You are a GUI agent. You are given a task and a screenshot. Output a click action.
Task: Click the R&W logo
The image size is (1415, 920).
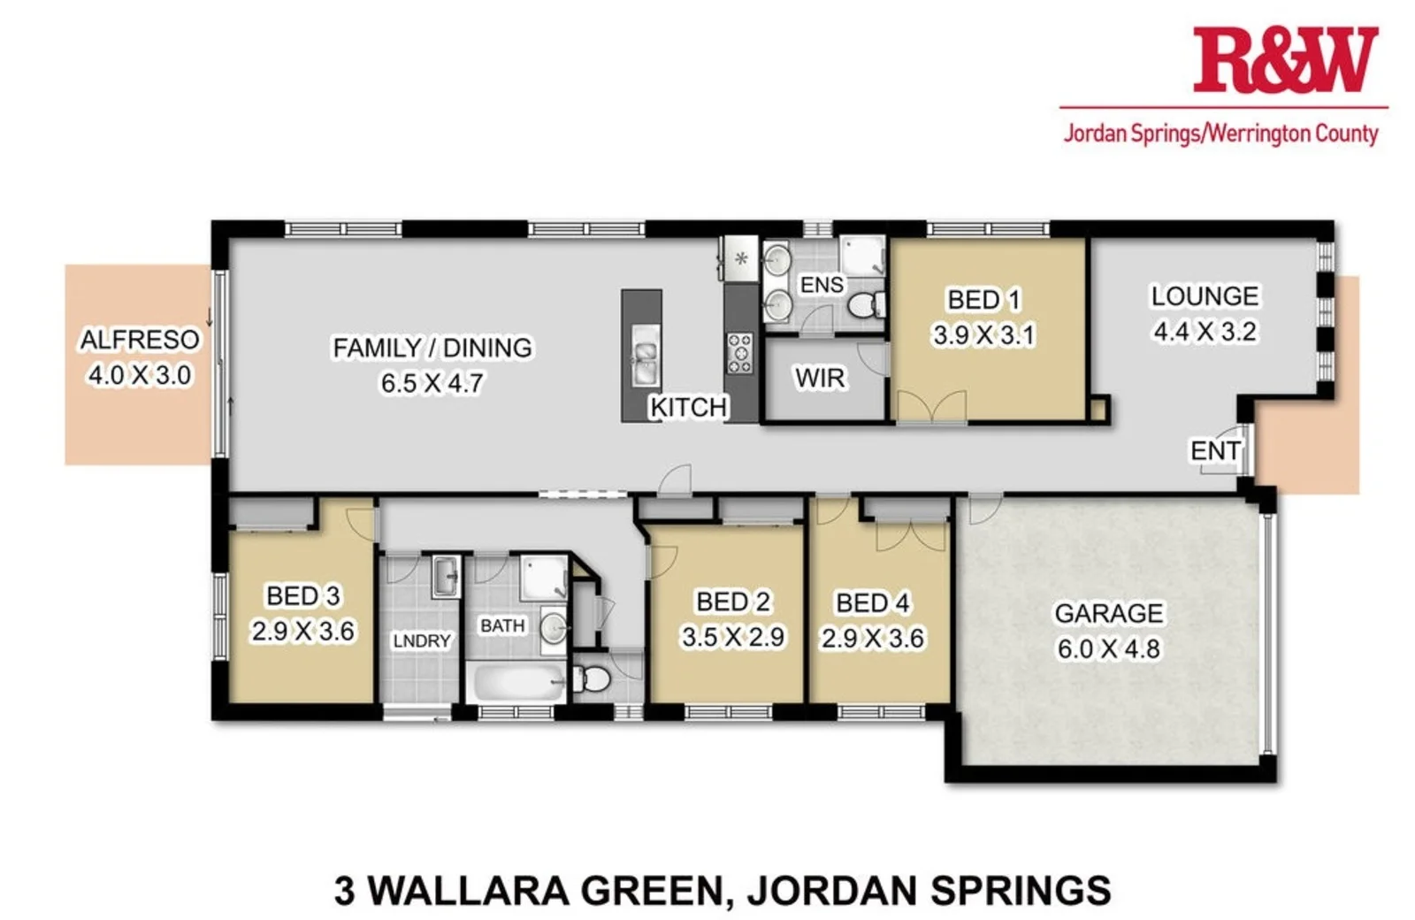click(1284, 60)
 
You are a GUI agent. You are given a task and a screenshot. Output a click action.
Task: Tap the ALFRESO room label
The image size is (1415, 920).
click(140, 340)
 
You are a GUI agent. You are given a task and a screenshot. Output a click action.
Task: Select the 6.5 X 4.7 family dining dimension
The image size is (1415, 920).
click(432, 383)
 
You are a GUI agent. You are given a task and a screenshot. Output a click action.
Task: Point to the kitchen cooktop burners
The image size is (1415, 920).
click(739, 353)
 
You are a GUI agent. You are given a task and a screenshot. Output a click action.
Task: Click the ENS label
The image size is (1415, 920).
click(822, 285)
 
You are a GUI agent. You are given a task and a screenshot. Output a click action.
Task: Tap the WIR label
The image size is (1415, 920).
click(820, 379)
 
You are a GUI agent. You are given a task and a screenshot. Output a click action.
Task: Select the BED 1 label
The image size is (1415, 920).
click(983, 300)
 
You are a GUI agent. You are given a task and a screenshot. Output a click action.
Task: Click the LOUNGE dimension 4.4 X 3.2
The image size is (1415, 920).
click(1205, 332)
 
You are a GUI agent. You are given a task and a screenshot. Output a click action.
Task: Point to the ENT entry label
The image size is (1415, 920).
click(1215, 451)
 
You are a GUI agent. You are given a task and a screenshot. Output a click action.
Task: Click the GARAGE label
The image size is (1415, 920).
click(1108, 613)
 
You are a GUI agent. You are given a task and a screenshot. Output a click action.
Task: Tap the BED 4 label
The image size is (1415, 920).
click(872, 603)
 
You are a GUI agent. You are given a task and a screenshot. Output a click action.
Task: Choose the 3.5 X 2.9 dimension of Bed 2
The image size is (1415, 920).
click(732, 637)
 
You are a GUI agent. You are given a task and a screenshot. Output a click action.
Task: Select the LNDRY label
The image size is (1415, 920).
click(422, 640)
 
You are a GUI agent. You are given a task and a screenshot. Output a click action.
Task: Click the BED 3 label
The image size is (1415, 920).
click(302, 596)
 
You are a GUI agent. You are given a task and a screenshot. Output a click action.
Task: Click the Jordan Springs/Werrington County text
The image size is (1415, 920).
click(1220, 134)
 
